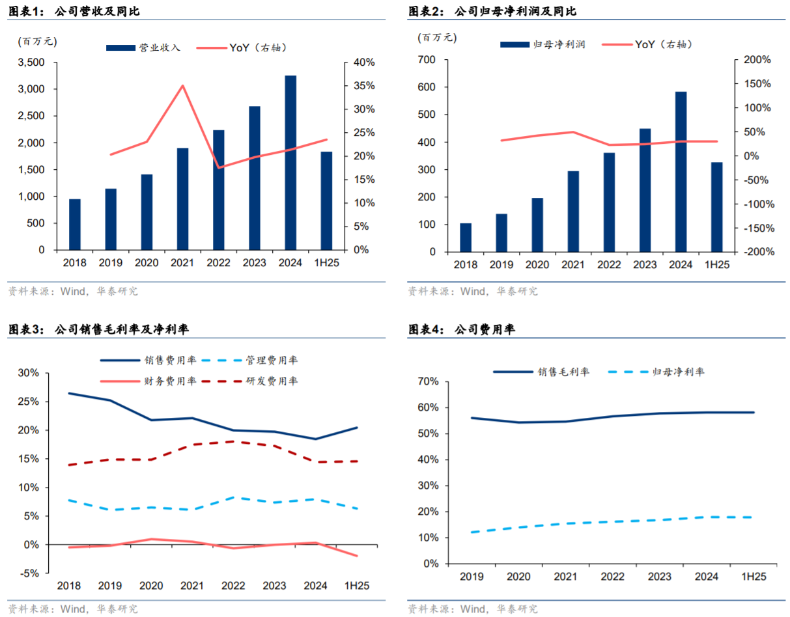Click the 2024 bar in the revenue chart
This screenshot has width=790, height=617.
(290, 163)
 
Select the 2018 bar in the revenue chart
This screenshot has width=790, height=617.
(75, 225)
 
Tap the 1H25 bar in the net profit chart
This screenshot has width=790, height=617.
(716, 207)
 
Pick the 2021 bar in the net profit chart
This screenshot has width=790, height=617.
(573, 212)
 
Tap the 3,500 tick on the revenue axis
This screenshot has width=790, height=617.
(31, 62)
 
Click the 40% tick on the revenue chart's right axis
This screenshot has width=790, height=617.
(365, 62)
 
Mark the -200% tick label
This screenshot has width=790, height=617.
(757, 252)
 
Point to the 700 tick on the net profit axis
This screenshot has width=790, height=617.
(427, 60)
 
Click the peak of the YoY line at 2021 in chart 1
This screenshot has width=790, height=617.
(183, 86)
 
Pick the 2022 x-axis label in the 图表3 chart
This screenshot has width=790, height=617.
(233, 586)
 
